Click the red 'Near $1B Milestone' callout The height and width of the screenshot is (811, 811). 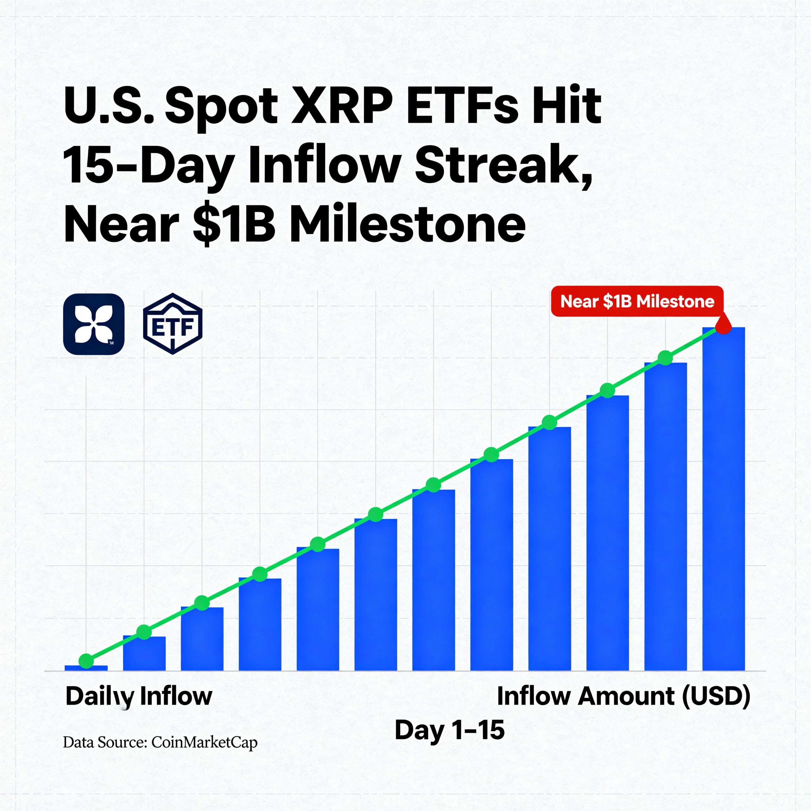[637, 301]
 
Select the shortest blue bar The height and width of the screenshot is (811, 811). [86, 668]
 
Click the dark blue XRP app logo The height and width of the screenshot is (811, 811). [93, 324]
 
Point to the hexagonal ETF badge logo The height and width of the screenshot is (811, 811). [173, 324]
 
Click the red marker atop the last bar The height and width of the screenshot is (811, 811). [723, 326]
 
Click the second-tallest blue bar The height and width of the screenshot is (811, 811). [665, 516]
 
